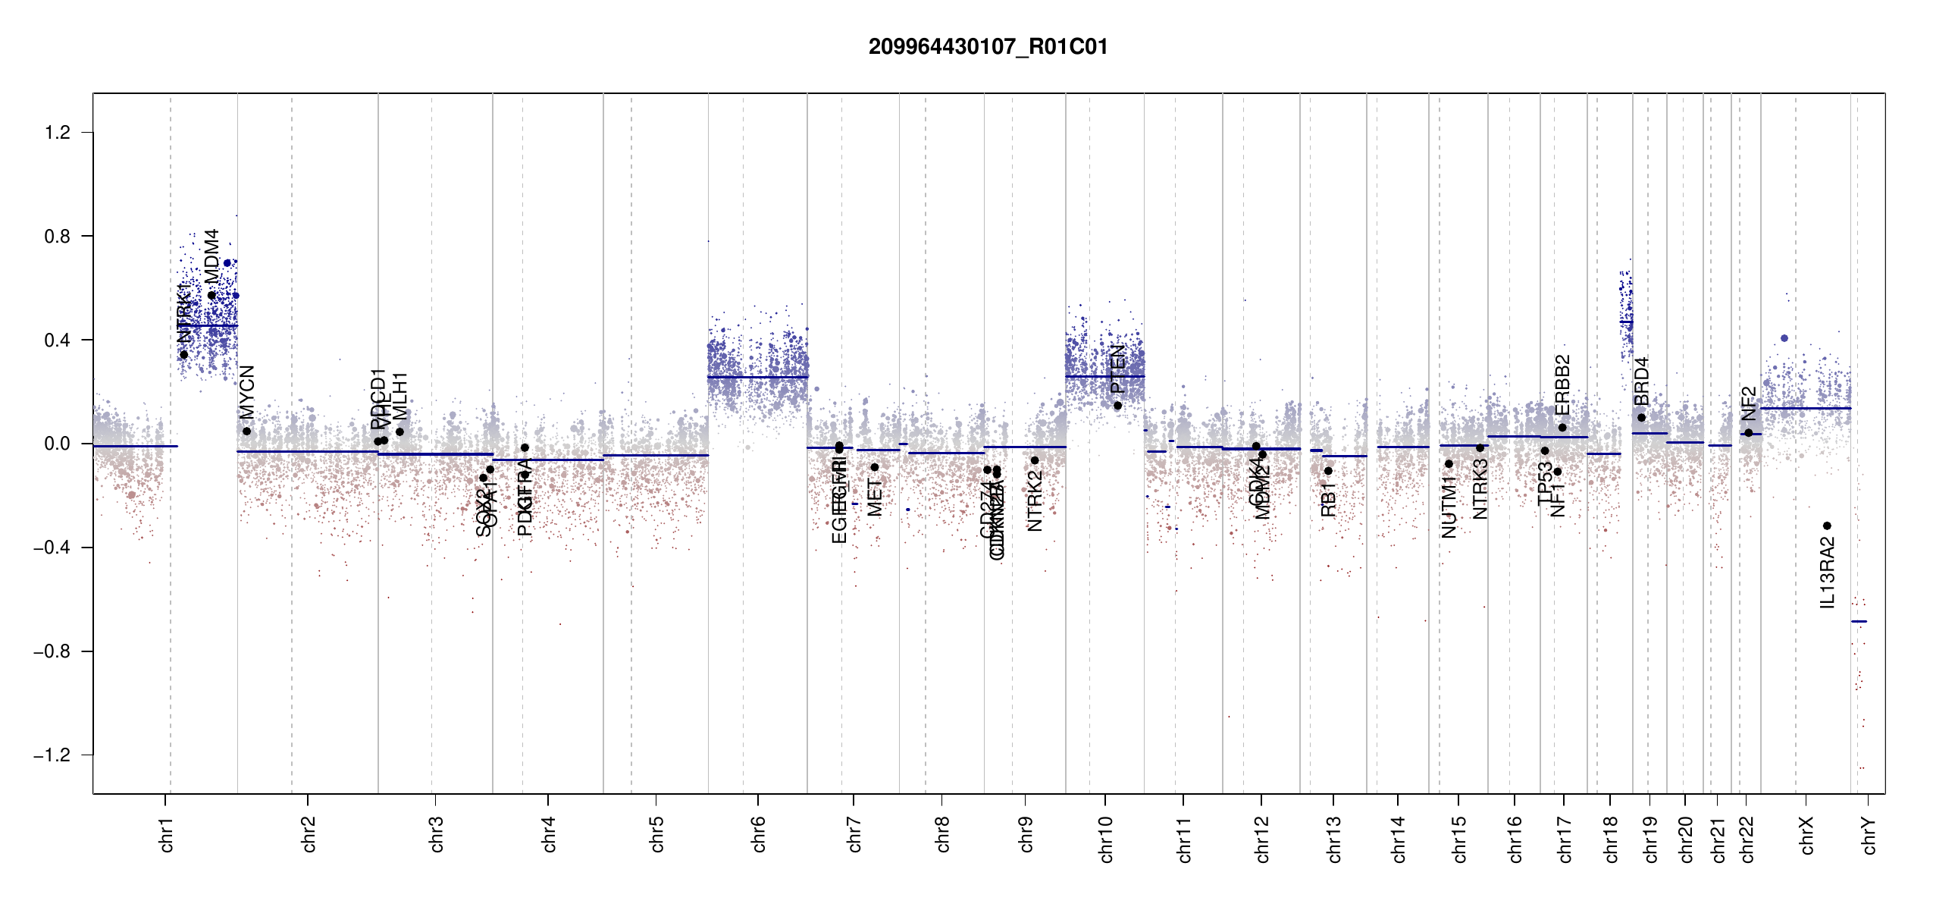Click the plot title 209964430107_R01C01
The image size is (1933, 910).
pos(988,47)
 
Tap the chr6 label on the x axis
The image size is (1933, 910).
pos(759,834)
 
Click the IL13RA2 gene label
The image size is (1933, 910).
pos(1828,573)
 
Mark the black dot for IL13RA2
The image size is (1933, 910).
pos(1827,526)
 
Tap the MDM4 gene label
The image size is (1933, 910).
pos(212,256)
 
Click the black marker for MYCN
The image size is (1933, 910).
pos(246,431)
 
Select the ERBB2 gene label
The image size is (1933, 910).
pos(1562,384)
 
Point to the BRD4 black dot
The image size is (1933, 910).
pos(1641,418)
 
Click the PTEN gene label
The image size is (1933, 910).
pos(1117,369)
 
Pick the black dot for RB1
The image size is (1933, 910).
pos(1328,471)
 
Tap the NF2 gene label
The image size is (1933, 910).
pos(1748,403)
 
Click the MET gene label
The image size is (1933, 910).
pos(875,497)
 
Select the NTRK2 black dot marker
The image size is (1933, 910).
pos(1035,460)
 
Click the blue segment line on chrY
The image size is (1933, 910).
pos(1859,622)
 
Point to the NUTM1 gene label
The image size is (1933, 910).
pos(1449,507)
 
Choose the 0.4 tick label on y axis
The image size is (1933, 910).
pos(58,340)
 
